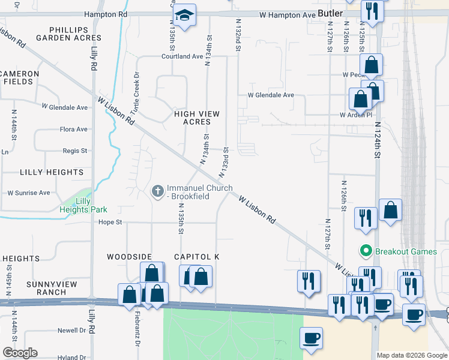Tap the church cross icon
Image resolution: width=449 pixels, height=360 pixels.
pos(157,191)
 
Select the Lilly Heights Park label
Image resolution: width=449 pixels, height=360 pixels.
pos(83,205)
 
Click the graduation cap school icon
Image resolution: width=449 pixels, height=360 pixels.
pos(185,15)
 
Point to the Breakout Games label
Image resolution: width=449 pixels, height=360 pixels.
pos(406,251)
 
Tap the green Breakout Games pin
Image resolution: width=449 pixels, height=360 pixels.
pos(364,251)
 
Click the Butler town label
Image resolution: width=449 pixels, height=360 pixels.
pos(331,13)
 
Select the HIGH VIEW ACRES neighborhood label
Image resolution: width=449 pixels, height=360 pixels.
pos(197,118)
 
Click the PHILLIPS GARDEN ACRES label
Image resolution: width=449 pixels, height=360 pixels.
pos(67,33)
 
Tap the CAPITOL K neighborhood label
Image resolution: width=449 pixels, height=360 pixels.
pos(196,257)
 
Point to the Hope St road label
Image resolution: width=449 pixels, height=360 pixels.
pos(110,222)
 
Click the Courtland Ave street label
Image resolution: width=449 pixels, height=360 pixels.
pos(182,56)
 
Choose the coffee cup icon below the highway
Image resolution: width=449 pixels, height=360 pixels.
pos(311,338)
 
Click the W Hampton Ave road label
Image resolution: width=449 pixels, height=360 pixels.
pos(287,14)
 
